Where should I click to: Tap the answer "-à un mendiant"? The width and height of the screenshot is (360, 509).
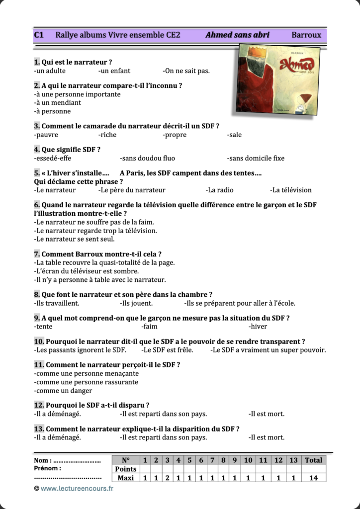(x=58, y=103)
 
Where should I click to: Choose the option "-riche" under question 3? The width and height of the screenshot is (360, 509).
(x=107, y=135)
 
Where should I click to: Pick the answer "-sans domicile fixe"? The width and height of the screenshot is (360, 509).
(x=256, y=159)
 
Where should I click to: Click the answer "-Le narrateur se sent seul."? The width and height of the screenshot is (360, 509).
(x=74, y=239)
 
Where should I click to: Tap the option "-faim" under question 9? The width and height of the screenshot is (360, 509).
(x=150, y=327)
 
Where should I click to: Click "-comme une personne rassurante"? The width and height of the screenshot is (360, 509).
(x=86, y=382)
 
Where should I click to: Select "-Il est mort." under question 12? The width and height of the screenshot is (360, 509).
(x=267, y=414)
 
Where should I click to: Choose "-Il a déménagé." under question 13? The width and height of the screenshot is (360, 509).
(x=58, y=438)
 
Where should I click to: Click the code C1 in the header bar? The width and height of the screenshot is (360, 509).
(x=39, y=35)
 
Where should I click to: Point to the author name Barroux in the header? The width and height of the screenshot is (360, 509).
(x=306, y=35)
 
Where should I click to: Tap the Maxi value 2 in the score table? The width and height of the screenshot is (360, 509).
(x=168, y=478)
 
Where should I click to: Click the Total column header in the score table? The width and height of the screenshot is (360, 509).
(x=313, y=460)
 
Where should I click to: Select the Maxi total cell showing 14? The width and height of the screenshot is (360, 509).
(x=313, y=478)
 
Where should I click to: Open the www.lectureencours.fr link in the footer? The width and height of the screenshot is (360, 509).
(x=77, y=489)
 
